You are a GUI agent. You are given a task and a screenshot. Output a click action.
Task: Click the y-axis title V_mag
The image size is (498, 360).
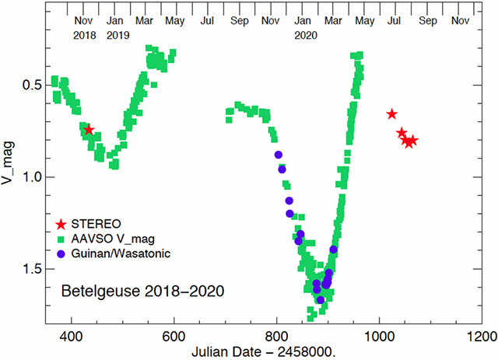(12, 178)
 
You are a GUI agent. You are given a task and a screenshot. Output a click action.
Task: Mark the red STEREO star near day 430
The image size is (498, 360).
(89, 130)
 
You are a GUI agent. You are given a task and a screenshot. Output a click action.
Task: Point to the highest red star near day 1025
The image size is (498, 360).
(391, 114)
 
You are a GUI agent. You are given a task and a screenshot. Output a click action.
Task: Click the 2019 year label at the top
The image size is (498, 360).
(118, 35)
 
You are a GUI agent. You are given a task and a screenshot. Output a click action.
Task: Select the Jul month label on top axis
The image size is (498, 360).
(207, 20)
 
